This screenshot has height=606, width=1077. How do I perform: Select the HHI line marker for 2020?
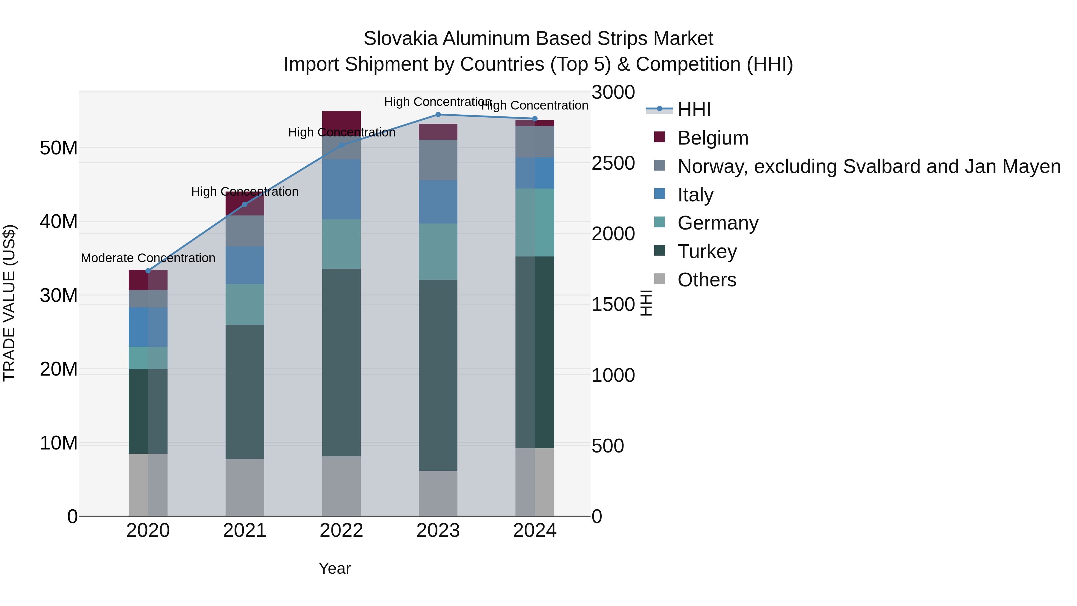click(148, 271)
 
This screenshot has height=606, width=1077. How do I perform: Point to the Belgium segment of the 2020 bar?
click(148, 280)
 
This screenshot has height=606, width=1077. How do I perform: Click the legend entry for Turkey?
click(707, 251)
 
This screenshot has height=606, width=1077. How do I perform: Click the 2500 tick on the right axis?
click(613, 163)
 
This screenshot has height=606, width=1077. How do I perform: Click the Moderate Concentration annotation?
click(148, 258)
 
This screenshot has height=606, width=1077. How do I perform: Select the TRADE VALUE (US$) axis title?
click(9, 303)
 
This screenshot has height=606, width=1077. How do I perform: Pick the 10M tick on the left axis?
click(59, 443)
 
